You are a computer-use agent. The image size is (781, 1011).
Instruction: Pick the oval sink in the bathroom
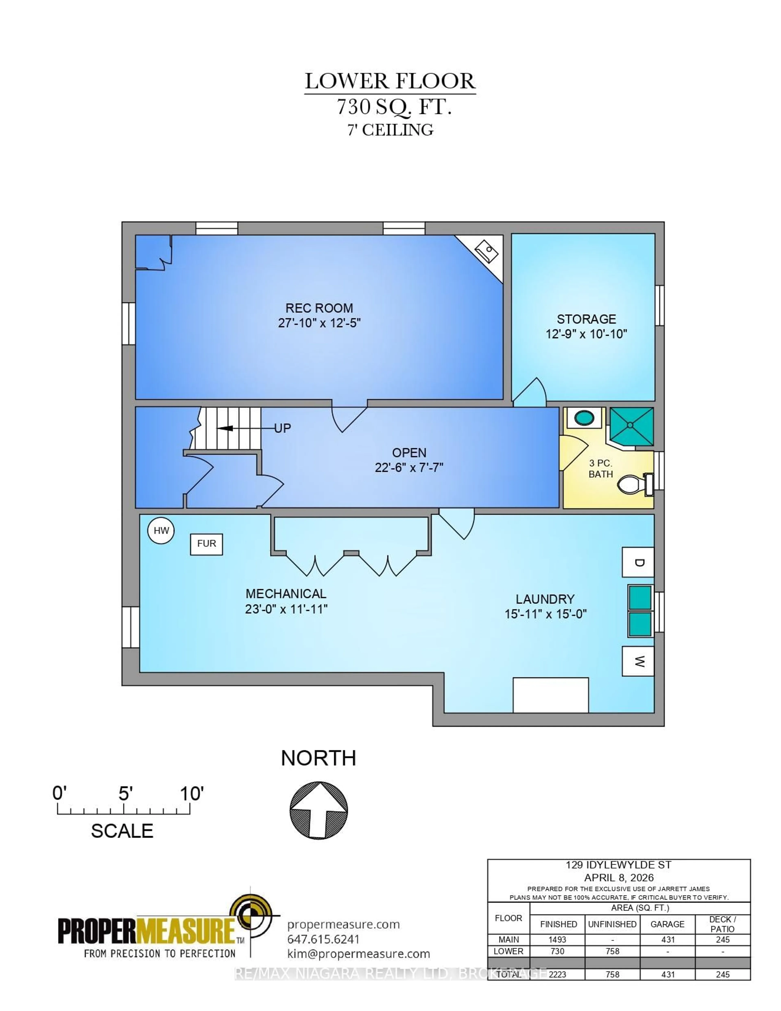pyautogui.click(x=584, y=418)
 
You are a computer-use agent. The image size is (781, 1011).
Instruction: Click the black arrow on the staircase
pyautogui.click(x=226, y=428)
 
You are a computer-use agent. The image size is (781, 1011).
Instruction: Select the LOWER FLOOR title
pyautogui.click(x=389, y=81)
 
